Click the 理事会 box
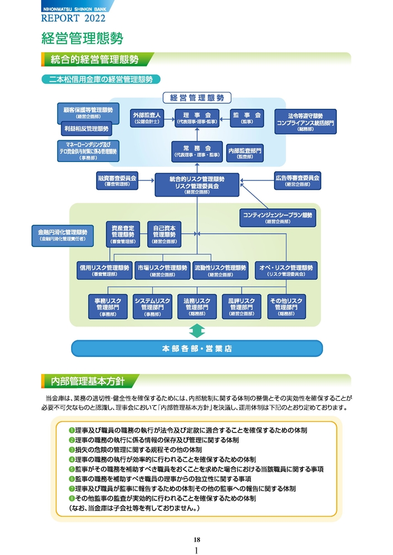(x=197, y=117)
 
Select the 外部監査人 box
(x=146, y=117)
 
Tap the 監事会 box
(x=247, y=117)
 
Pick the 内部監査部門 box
(x=245, y=153)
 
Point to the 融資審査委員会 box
(x=117, y=180)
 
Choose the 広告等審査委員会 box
(x=297, y=180)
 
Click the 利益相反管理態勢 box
(x=86, y=129)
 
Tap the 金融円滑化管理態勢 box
(x=62, y=235)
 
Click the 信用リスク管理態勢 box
(x=105, y=270)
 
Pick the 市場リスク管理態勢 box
(x=162, y=270)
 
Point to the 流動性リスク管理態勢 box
(x=220, y=270)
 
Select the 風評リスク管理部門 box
(x=241, y=306)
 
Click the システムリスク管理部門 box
(x=152, y=306)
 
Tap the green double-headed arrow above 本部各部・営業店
(x=197, y=332)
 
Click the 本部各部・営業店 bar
(x=197, y=349)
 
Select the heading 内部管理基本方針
(x=88, y=381)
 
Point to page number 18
(x=197, y=539)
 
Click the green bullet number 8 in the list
(x=72, y=498)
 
